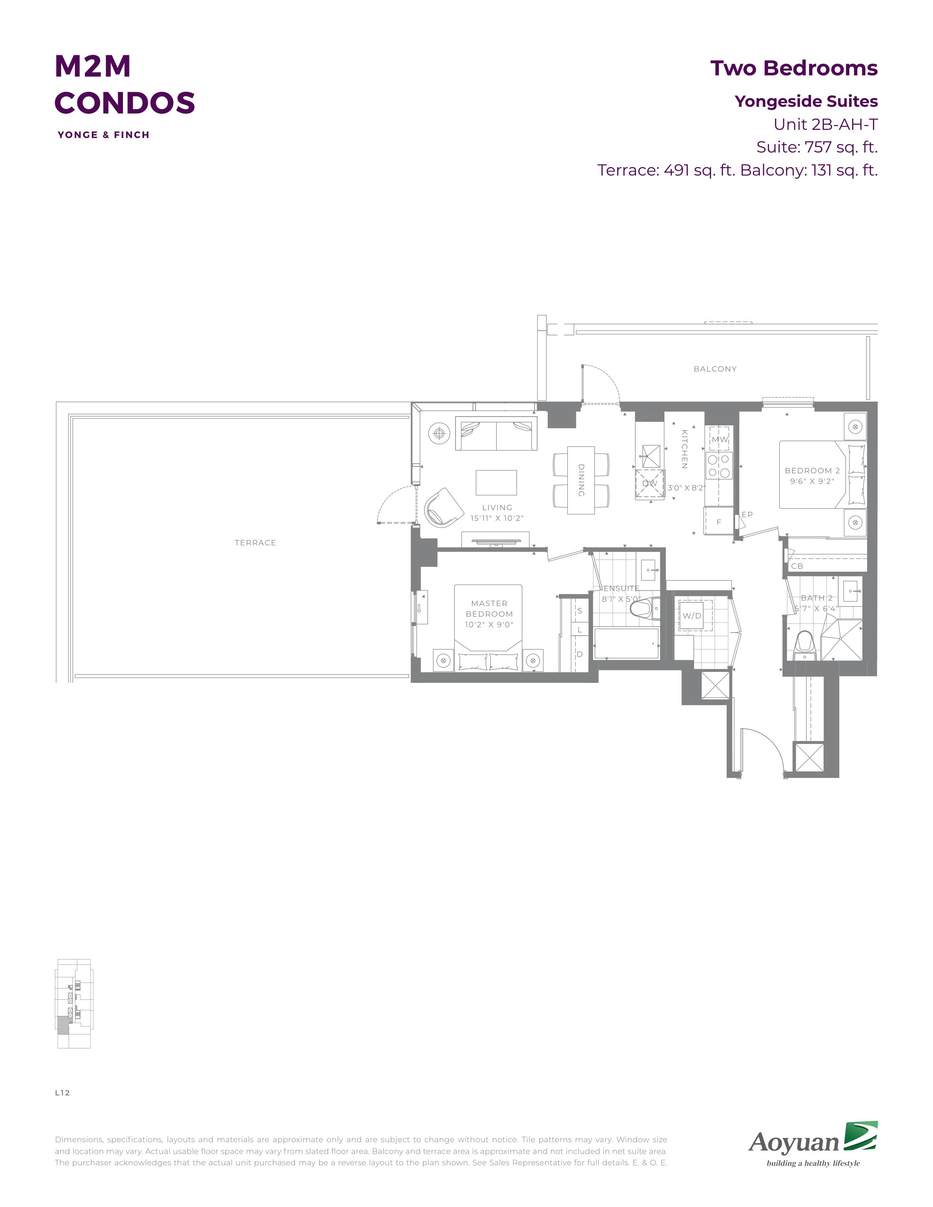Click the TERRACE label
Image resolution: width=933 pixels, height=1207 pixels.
tap(255, 543)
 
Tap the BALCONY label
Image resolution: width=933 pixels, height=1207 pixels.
tap(715, 369)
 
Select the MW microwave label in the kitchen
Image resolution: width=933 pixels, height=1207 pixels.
tap(720, 439)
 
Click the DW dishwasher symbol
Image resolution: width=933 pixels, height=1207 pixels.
tap(650, 484)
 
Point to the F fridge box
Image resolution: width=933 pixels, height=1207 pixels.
tap(719, 521)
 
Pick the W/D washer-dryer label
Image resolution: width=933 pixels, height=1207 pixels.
tap(692, 616)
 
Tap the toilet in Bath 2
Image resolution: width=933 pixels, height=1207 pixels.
tap(804, 646)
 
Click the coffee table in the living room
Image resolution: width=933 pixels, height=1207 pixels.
tap(497, 482)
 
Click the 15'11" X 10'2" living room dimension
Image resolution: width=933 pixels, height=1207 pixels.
tap(497, 518)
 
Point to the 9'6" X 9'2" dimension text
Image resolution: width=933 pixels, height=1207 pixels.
tap(812, 481)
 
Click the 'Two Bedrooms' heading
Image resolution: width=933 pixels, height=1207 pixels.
tap(794, 68)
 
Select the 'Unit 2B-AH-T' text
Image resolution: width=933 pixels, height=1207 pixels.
tap(826, 124)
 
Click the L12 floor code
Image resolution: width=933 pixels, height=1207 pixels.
tap(63, 1093)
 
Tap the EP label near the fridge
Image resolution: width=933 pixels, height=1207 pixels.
tap(747, 515)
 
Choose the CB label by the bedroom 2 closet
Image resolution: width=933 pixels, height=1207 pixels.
tap(797, 566)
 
